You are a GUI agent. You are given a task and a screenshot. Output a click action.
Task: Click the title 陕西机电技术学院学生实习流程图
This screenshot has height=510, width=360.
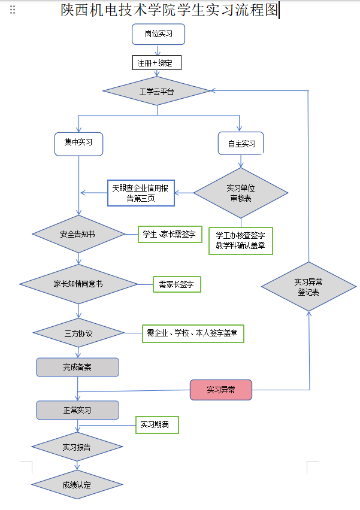tap(170, 10)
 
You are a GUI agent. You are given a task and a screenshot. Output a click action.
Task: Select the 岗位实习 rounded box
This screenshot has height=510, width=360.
tap(158, 34)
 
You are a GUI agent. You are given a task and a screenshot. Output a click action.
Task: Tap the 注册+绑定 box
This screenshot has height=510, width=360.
tap(156, 62)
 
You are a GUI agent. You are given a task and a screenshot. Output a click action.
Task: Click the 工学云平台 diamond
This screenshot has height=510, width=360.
tap(156, 91)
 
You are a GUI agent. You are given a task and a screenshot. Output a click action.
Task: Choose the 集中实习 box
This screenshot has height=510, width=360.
tap(78, 143)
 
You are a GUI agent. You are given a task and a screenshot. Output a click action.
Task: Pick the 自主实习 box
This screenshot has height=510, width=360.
tap(241, 144)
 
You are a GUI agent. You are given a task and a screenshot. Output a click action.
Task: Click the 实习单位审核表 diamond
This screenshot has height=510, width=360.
tap(241, 193)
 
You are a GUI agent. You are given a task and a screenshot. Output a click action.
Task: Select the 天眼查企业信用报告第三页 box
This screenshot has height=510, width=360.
tap(141, 193)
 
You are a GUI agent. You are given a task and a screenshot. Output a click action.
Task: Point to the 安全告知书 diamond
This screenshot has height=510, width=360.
tap(78, 234)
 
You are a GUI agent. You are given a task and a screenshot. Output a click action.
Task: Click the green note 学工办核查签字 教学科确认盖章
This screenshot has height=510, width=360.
tap(240, 241)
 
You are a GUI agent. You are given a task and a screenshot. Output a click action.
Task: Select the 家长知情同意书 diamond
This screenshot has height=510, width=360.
tap(78, 283)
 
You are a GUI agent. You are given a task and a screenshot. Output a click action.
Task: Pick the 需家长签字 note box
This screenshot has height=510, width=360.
tap(177, 284)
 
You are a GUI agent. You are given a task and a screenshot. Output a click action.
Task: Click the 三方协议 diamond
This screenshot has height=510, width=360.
tap(78, 333)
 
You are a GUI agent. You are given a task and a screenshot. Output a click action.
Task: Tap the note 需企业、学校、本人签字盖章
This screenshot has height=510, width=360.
tap(193, 333)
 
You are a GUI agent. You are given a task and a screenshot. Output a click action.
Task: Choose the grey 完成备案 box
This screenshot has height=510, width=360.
tap(77, 367)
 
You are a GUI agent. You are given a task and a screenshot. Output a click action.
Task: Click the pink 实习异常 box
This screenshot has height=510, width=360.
tap(221, 390)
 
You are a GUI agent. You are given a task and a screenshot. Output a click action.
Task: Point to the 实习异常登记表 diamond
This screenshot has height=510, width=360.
tap(308, 287)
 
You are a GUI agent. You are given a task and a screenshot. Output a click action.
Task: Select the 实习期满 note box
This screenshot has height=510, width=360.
tap(156, 425)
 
